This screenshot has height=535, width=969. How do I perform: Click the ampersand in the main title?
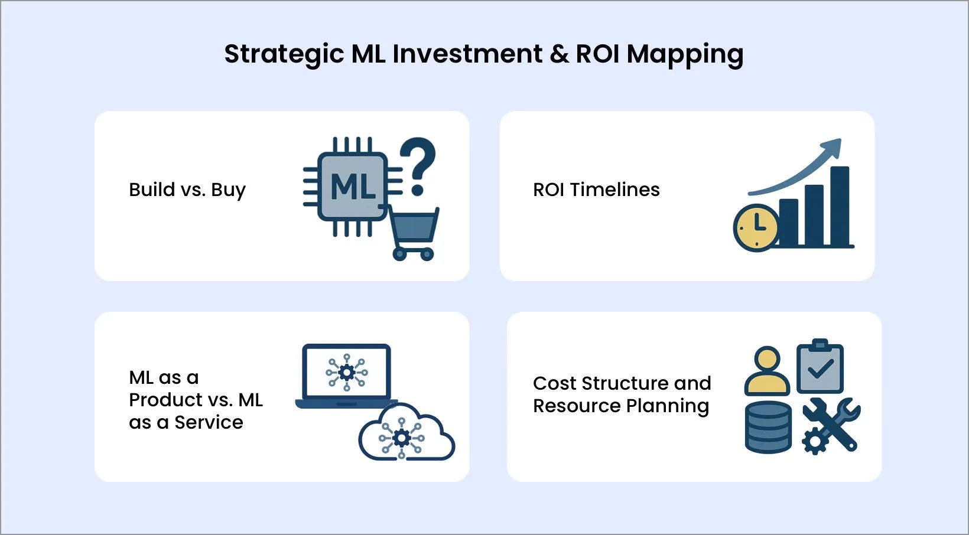point(558,54)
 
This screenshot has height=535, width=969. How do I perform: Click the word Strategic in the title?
point(284,54)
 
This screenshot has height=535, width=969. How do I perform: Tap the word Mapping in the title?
point(685,54)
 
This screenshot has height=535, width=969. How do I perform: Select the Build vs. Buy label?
point(187,190)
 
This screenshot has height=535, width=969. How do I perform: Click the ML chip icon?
point(353,187)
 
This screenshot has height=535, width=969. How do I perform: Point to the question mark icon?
point(419,165)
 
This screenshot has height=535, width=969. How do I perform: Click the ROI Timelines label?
point(596,190)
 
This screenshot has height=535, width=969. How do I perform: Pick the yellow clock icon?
point(756,227)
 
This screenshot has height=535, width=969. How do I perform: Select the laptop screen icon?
point(346,372)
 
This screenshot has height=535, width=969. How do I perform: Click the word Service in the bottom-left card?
point(209,422)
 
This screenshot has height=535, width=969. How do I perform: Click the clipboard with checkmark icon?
point(820,367)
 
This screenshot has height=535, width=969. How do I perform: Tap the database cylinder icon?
point(768,426)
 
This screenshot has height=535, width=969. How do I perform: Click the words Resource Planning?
point(621,406)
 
